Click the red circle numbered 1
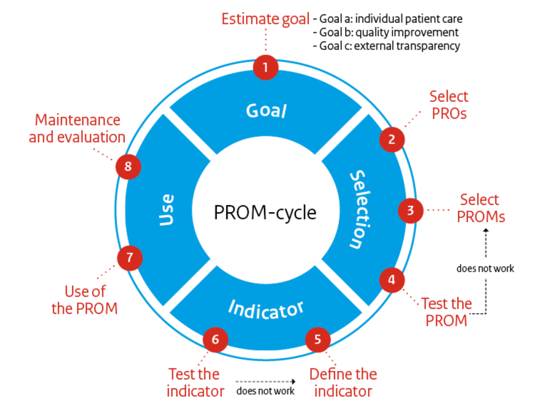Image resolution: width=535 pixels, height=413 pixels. tap(265, 67)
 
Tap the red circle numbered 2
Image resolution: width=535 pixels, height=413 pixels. tap(392, 139)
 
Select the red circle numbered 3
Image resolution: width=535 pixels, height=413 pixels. tap(411, 210)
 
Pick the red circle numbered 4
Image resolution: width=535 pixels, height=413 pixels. tap(392, 280)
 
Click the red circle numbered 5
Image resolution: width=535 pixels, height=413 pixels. tap(318, 340)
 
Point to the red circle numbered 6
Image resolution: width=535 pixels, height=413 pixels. tap(215, 340)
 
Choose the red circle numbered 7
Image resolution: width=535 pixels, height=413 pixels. tap(129, 258)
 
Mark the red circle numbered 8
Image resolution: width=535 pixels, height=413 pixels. tap(128, 166)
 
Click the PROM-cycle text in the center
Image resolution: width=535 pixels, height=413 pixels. tap(265, 212)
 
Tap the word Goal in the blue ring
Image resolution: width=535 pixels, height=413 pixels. tap(266, 111)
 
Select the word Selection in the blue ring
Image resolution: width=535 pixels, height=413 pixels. tap(360, 210)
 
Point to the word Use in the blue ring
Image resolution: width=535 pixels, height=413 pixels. tap(167, 210)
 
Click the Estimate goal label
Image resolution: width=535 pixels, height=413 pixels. tap(265, 19)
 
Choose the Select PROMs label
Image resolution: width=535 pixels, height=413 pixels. tap(480, 208)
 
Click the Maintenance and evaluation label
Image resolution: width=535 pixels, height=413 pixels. tap(77, 129)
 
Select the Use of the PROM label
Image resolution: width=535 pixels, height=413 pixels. tap(85, 300)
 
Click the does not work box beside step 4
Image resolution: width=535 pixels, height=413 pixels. tap(485, 268)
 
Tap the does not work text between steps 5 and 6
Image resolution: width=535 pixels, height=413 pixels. tap(265, 391)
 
